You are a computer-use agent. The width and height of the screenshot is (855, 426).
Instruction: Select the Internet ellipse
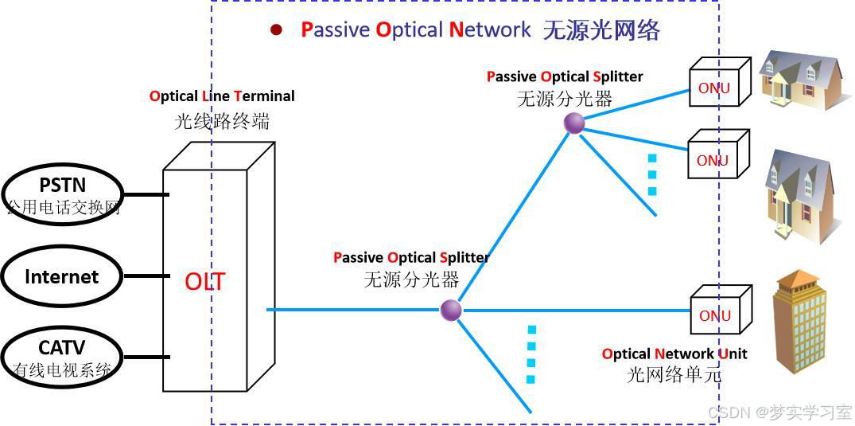(61, 276)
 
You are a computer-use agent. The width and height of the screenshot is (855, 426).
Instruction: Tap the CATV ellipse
(61, 356)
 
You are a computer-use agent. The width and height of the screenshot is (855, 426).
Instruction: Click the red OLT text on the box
(204, 281)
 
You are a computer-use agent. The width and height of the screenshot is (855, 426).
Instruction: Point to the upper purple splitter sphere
(574, 123)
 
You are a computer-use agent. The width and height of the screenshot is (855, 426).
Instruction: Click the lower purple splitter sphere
(451, 310)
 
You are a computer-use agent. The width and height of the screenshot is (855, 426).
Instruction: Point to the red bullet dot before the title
(276, 30)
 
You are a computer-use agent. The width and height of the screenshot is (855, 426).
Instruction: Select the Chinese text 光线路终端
(222, 121)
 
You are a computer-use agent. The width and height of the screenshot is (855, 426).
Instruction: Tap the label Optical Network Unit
(674, 354)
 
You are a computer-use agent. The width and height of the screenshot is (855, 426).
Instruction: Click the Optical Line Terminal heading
(222, 96)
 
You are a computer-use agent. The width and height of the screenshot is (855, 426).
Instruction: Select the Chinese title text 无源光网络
(601, 30)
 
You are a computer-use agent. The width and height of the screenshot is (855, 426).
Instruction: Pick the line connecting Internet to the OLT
(146, 276)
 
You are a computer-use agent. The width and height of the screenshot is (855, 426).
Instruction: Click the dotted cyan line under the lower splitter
(531, 354)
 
